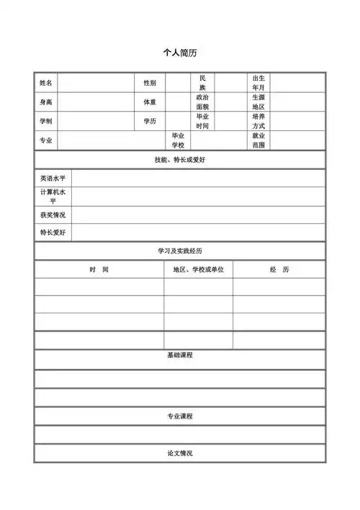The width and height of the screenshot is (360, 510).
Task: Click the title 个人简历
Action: tap(180, 53)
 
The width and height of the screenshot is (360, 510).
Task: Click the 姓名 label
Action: tap(46, 84)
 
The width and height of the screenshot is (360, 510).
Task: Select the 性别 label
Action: tap(150, 84)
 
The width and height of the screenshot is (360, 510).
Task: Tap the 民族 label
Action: tap(202, 83)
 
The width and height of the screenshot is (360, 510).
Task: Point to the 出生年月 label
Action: tap(258, 83)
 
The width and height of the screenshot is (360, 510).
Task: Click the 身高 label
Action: tap(46, 102)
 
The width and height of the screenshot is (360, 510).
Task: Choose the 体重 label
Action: tap(150, 102)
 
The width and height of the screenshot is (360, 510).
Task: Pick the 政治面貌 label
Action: tap(202, 102)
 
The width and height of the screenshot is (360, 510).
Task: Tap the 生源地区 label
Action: tap(258, 102)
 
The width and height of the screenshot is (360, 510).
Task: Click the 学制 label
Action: tap(46, 121)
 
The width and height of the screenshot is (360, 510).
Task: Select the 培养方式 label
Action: tap(258, 121)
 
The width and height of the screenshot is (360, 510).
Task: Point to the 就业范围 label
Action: tap(258, 140)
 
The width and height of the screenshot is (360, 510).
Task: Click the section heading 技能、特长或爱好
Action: tap(180, 159)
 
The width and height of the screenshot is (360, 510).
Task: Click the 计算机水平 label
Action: tap(53, 197)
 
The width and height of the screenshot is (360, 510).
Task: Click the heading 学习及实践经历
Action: tap(180, 251)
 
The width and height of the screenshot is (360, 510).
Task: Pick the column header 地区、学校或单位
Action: tap(198, 269)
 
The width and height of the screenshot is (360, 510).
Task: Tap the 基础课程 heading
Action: tap(180, 355)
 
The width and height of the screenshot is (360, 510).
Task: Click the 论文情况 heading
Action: tap(180, 453)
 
